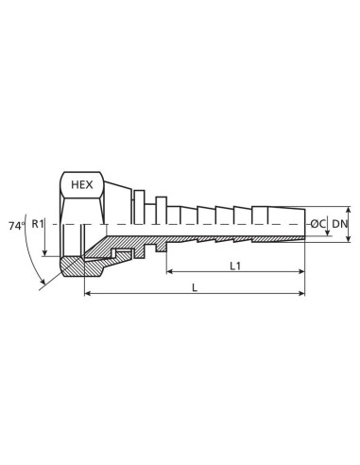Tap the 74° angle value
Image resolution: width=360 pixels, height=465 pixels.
coord(16,227)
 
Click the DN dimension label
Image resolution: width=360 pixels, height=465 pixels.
coord(339,224)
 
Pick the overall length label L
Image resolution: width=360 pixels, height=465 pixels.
coord(195,287)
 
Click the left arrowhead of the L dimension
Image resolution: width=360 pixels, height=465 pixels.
coord(87,295)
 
